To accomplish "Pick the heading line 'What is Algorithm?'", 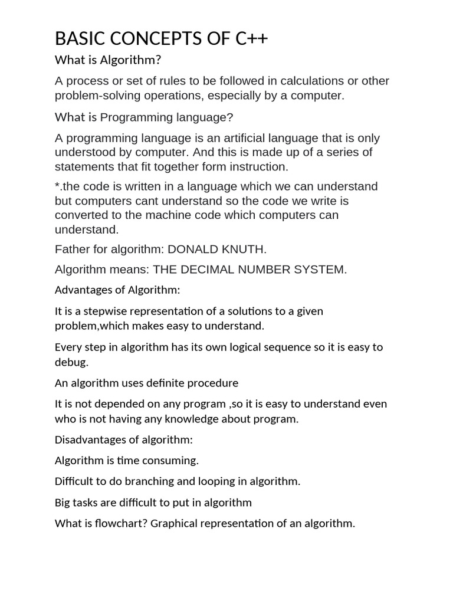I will tap(108, 60).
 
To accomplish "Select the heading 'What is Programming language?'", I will tap(144, 117).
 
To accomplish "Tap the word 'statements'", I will tap(83, 166).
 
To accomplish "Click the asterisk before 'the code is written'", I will tap(57, 186).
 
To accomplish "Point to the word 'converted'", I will tap(80, 215).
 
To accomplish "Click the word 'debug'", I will tap(70, 362).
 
